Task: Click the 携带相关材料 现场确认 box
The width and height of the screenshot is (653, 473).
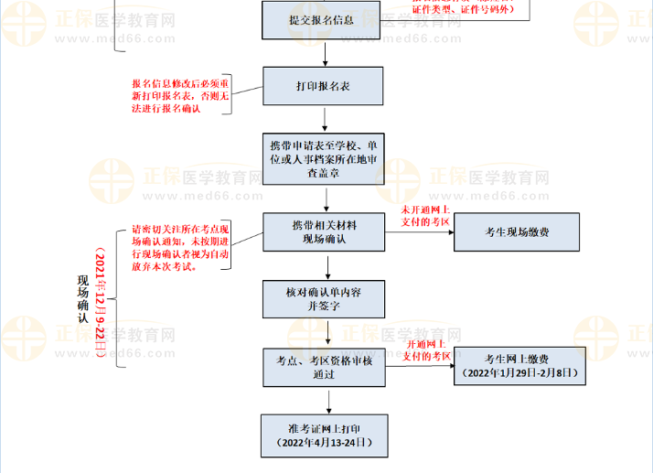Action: click(325, 232)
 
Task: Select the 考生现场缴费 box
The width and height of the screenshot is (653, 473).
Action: click(517, 232)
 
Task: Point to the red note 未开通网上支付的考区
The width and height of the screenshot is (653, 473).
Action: click(425, 217)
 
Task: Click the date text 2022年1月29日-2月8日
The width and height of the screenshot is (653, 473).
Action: click(518, 374)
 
